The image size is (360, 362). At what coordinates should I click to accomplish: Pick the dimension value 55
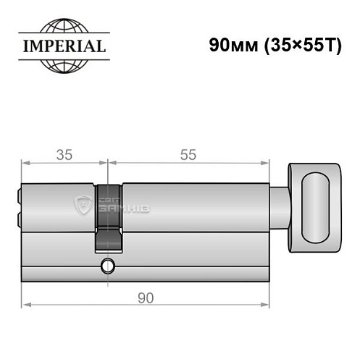click(x=188, y=154)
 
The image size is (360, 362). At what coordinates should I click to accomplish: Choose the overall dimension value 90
click(x=145, y=298)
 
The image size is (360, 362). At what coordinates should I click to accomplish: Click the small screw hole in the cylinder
click(x=108, y=265)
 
